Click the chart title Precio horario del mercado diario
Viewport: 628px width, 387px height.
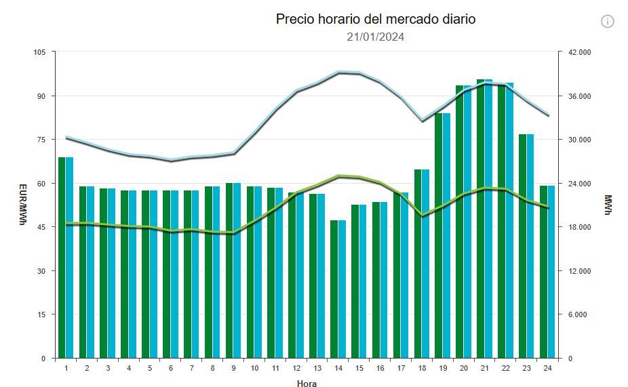375,19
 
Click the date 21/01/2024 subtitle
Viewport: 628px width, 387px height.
375,37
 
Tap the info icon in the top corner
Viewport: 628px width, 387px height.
607,21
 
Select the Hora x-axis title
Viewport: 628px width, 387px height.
306,384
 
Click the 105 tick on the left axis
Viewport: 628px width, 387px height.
39,52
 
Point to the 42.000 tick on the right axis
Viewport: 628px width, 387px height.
579,52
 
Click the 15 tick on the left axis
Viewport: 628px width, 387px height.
41,314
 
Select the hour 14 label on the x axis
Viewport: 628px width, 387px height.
338,368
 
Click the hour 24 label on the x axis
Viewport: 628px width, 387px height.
547,368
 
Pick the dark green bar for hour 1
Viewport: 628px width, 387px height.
62,258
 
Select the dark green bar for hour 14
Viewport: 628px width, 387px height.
334,289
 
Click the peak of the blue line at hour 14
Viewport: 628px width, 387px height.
338,71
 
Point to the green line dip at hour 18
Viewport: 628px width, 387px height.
422,215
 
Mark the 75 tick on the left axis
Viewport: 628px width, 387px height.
41,140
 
